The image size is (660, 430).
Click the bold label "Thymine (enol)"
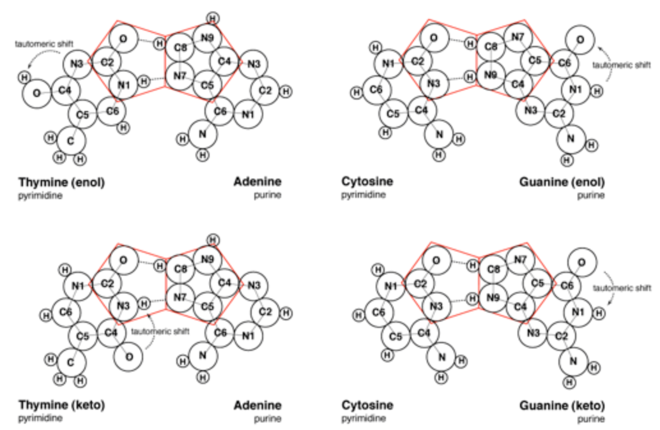[x=61, y=182]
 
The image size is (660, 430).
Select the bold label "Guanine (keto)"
[x=562, y=405]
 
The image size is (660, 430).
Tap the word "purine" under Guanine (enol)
[x=591, y=195]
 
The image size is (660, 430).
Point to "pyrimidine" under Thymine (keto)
[x=40, y=419]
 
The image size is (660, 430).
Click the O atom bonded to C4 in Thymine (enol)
[x=36, y=93]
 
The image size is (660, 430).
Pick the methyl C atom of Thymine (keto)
[x=70, y=362]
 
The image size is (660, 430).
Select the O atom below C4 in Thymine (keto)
[x=129, y=357]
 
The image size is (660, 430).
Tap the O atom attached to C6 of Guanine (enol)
[x=579, y=40]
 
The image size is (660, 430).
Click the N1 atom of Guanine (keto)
[x=578, y=313]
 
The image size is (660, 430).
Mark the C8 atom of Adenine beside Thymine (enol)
[x=180, y=47]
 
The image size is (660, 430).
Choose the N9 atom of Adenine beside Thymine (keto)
[x=207, y=260]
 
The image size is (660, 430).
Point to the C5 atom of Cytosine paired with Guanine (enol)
[x=393, y=114]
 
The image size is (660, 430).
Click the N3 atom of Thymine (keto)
[x=123, y=306]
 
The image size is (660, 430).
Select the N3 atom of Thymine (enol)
[x=77, y=64]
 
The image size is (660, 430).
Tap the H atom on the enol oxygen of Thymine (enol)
[x=24, y=78]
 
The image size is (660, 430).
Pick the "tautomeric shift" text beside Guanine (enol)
[x=622, y=65]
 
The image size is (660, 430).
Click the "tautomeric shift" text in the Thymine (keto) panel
[x=160, y=331]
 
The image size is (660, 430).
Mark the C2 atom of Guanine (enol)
[x=558, y=114]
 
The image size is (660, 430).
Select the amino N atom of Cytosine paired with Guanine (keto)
[x=441, y=357]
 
